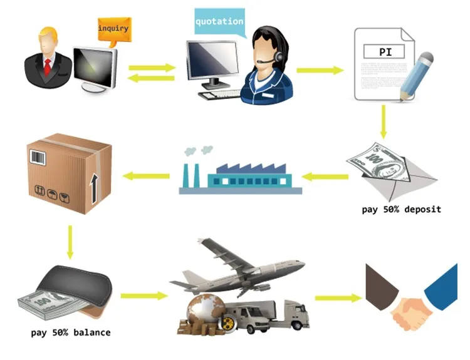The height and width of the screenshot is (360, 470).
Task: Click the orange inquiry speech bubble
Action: [113, 29]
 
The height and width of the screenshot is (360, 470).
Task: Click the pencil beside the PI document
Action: [416, 78]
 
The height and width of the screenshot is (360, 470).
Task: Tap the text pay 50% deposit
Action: [401, 209]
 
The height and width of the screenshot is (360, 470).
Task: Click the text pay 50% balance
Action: [71, 332]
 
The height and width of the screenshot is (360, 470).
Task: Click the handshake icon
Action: [410, 304]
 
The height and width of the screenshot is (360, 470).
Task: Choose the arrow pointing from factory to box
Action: [147, 176]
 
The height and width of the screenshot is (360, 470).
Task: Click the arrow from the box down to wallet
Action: [70, 240]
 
